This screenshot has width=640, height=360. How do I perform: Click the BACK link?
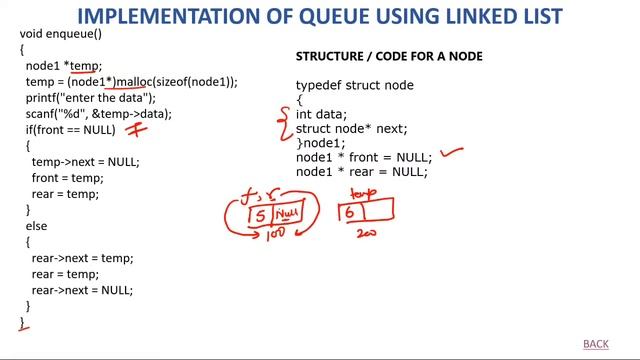click(595, 344)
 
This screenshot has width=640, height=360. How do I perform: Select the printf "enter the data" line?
click(91, 97)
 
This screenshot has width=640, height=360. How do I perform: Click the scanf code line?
click(99, 114)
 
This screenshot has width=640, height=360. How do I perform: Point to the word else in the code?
click(36, 227)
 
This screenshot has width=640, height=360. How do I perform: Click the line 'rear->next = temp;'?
click(82, 258)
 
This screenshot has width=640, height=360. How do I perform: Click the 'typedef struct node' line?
click(354, 86)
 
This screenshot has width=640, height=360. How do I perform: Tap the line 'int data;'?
click(321, 115)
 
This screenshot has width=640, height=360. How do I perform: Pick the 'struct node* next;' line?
click(351, 129)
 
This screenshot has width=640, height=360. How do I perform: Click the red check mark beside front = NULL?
click(453, 153)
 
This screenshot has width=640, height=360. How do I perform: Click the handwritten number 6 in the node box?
click(350, 211)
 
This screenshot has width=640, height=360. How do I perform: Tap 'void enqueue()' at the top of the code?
click(61, 34)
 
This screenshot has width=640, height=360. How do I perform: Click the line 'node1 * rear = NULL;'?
click(361, 172)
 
